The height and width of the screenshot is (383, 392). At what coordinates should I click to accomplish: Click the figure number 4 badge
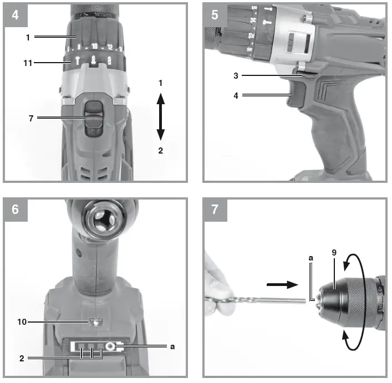click(x=15, y=14)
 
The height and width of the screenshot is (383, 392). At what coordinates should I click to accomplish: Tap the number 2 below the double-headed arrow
click(x=161, y=150)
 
